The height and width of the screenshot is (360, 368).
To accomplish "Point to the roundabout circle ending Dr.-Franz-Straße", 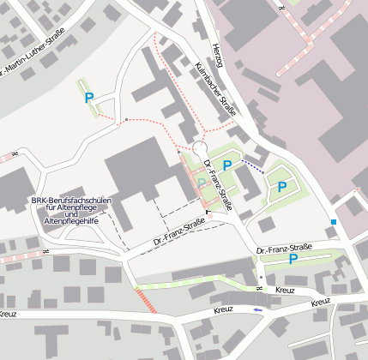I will pyautogui.click(x=200, y=148).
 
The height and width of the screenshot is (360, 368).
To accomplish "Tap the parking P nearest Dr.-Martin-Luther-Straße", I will pyautogui.click(x=89, y=99).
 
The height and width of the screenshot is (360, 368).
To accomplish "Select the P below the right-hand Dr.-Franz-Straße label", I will pyautogui.click(x=293, y=259).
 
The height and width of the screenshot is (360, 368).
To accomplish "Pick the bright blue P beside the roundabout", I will pyautogui.click(x=227, y=166).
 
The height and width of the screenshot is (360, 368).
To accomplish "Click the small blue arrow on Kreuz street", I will pyautogui.click(x=258, y=309).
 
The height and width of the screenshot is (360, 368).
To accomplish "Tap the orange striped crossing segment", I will pyautogui.click(x=146, y=300).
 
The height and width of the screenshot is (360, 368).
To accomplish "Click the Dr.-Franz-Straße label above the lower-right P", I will pyautogui.click(x=285, y=249).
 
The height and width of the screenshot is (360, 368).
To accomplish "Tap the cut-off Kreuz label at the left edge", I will pyautogui.click(x=7, y=315).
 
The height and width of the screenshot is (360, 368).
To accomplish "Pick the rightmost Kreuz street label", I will pyautogui.click(x=321, y=302).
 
